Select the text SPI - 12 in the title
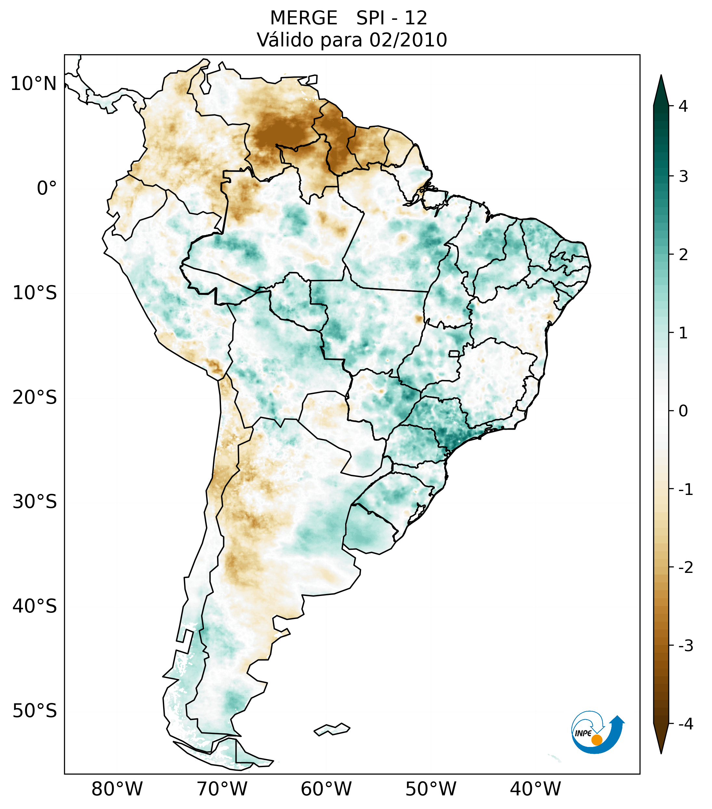point(392,18)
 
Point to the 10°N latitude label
point(33,84)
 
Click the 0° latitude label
point(47,188)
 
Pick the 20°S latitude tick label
point(35,398)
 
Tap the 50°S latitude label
point(35,711)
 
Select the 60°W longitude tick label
point(326,789)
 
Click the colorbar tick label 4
point(683,106)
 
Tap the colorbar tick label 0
point(683,411)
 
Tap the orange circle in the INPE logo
point(596,740)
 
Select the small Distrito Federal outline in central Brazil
point(455,353)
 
